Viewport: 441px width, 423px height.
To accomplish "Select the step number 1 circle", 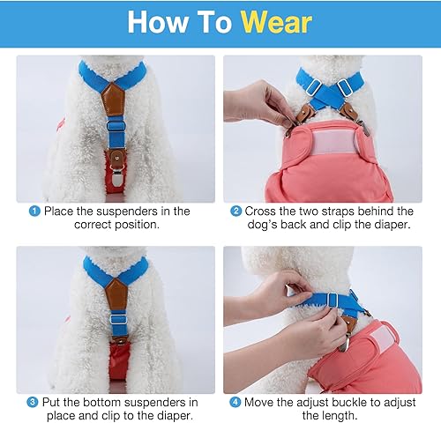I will [34, 211].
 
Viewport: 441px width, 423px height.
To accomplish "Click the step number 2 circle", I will [235, 211].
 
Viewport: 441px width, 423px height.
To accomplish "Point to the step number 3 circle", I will [33, 402].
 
